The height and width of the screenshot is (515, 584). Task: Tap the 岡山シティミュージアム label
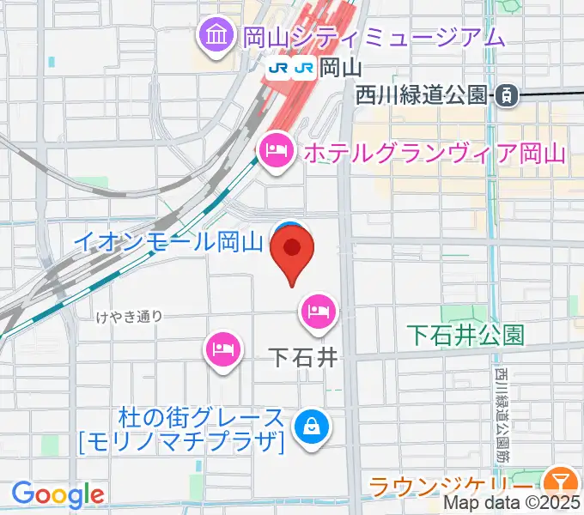pos(373,37)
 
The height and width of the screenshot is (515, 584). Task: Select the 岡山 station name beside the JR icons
pos(337,67)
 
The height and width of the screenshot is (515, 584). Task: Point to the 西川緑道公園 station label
pos(420,95)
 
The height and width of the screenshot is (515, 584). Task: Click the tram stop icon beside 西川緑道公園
pos(508,95)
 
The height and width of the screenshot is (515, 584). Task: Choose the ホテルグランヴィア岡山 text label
pos(432,154)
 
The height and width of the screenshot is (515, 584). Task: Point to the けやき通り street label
pos(131,317)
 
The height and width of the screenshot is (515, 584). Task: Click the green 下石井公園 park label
pos(465,334)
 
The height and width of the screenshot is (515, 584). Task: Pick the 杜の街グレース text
pos(203,419)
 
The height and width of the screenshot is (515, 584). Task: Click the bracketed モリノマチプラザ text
pos(180,443)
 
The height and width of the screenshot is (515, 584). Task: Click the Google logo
pos(58,494)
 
